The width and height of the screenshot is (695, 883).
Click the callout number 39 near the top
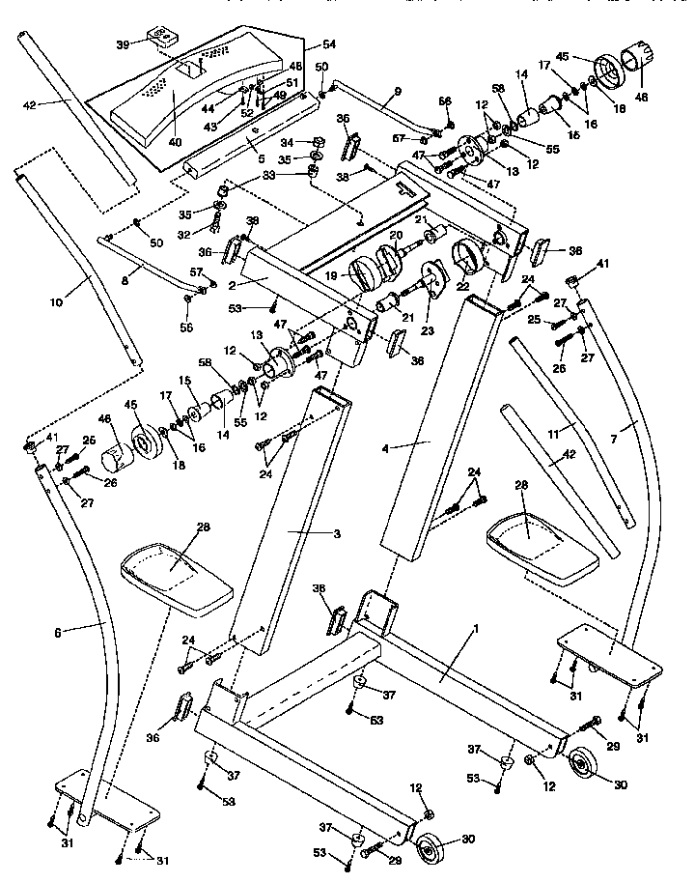click(x=122, y=44)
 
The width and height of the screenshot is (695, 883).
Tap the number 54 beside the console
click(x=329, y=45)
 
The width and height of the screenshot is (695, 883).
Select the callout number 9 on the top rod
click(x=396, y=93)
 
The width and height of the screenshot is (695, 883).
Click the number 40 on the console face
click(x=175, y=142)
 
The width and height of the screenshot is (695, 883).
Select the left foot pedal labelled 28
click(x=176, y=579)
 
